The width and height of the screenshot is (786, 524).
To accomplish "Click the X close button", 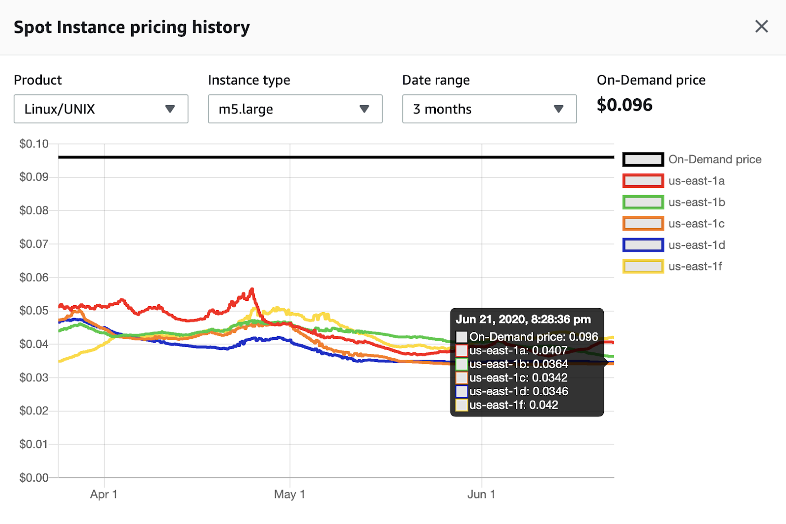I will (x=761, y=27).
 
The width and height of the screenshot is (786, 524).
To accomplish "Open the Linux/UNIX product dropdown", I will (x=101, y=109).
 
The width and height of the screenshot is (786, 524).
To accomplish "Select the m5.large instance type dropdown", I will (x=295, y=109).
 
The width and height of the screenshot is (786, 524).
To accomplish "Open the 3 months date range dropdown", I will (x=489, y=109).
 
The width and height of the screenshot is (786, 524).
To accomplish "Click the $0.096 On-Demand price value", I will (x=624, y=105).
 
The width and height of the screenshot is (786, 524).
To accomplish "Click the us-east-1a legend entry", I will (x=696, y=181).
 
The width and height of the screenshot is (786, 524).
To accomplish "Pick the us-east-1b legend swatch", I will (x=643, y=202).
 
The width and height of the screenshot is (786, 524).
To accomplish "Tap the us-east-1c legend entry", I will (x=696, y=224).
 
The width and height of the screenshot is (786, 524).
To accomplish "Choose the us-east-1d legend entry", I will (x=696, y=245).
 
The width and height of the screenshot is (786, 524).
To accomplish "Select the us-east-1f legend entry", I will (x=695, y=266).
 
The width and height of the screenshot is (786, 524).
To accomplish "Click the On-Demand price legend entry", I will (x=714, y=159).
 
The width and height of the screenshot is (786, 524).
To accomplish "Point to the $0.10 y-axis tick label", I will (x=34, y=144).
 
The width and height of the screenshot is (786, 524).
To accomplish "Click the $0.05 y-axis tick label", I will (x=34, y=311).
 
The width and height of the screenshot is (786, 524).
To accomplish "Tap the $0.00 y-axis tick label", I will (x=34, y=477).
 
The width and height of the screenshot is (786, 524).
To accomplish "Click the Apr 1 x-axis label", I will (x=104, y=494).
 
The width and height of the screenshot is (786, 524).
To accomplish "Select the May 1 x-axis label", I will (x=289, y=494).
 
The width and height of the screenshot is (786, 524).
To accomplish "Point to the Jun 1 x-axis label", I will (x=481, y=494).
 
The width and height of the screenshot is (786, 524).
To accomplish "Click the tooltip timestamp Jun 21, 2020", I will (x=523, y=320).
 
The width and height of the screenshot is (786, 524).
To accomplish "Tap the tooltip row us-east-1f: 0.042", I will (x=513, y=405).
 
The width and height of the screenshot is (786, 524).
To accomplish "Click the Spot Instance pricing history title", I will (x=132, y=27).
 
